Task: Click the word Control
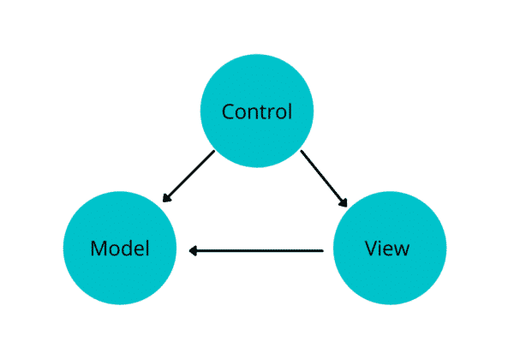[257, 112]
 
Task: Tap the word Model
[120, 249]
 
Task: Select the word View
[387, 249]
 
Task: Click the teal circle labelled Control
[257, 86]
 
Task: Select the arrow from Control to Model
[188, 177]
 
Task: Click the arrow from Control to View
[324, 178]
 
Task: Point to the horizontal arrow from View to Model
[257, 250]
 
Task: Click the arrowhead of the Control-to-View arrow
[344, 204]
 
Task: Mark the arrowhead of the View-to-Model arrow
[193, 250]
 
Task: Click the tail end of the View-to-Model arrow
[321, 250]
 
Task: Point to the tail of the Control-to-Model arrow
[213, 153]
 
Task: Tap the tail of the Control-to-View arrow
[302, 153]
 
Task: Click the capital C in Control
[228, 112]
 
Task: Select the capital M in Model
[98, 249]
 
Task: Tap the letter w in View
[402, 250]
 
